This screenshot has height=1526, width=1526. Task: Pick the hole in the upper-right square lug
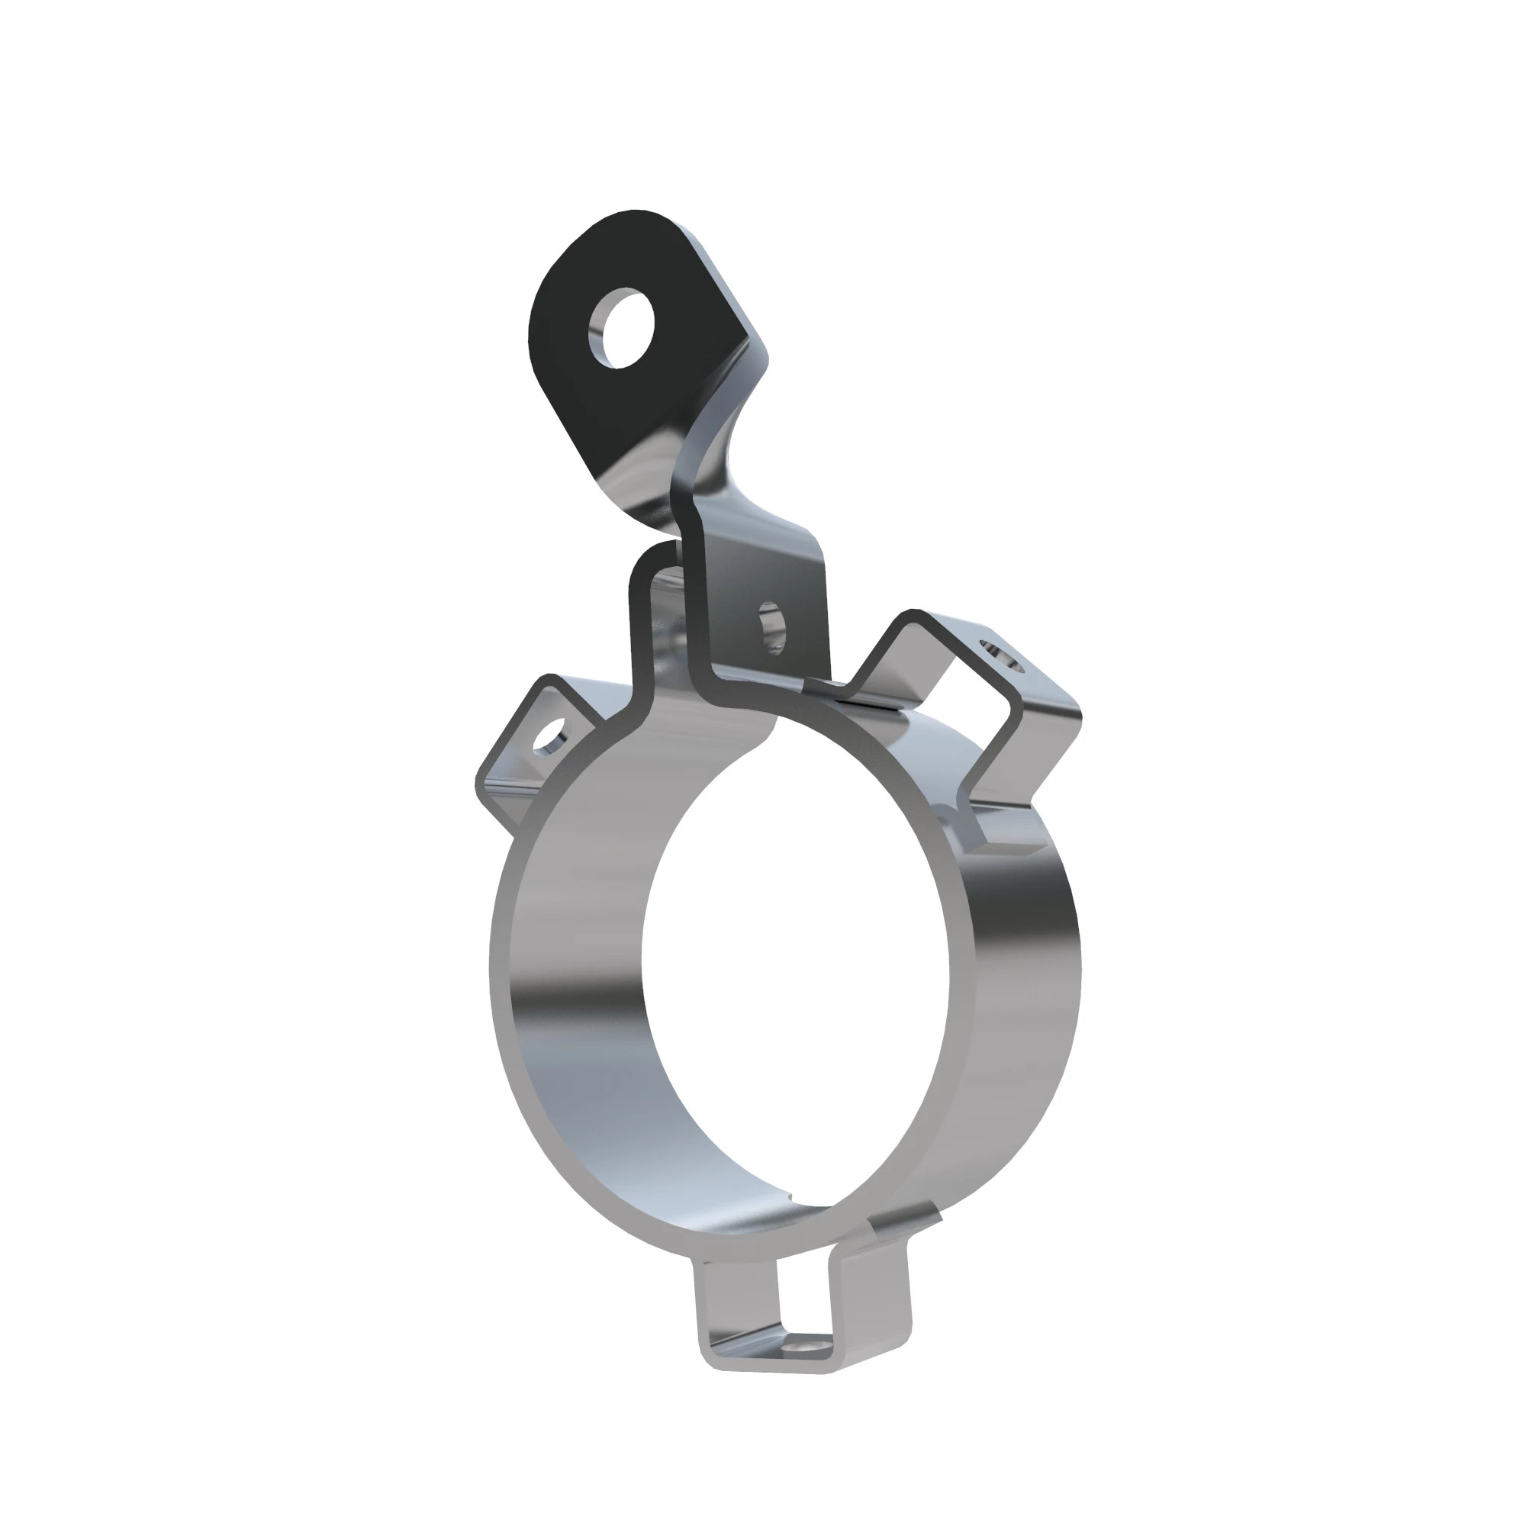(x=1001, y=655)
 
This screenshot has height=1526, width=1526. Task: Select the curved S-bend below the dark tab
(x=715, y=443)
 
